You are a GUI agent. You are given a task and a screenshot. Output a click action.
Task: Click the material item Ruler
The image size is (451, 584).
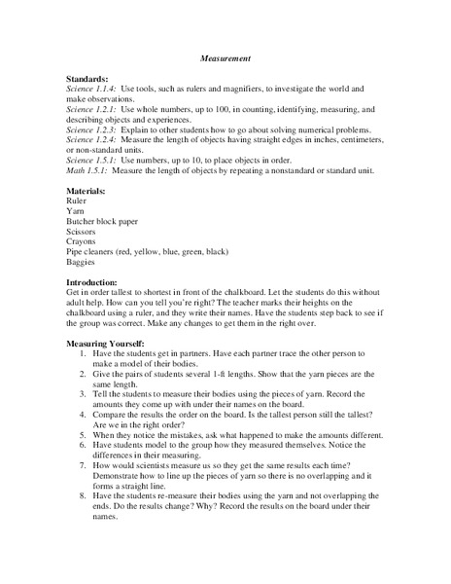77,200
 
